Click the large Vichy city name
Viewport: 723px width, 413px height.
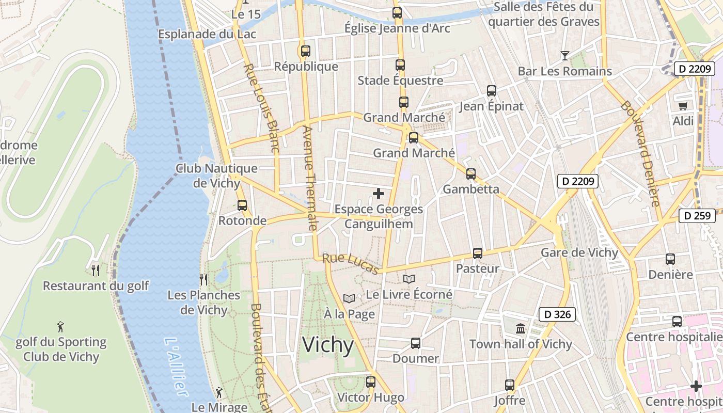[x=328, y=345]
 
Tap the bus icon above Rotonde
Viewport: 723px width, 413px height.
[x=242, y=205]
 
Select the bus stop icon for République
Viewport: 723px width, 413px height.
[x=306, y=51]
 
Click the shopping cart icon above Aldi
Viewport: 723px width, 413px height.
[x=683, y=106]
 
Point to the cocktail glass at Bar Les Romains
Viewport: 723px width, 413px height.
[x=565, y=56]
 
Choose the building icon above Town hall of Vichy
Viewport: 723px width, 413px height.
[x=521, y=328]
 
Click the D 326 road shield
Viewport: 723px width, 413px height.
[x=557, y=314]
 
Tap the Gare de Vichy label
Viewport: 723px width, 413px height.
[x=579, y=252]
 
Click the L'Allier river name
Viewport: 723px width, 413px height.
[x=175, y=367]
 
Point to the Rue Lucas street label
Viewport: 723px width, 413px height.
[x=351, y=263]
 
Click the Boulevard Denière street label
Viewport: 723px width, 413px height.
[x=640, y=153]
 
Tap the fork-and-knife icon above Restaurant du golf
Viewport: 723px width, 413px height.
[x=96, y=270]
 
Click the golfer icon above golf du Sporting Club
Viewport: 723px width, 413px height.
[x=60, y=327]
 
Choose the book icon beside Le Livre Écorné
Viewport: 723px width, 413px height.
[x=409, y=279]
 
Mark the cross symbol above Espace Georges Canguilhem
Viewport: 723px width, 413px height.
[x=379, y=194]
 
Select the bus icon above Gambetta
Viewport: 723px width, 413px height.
[x=471, y=174]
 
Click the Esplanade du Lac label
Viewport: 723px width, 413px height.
[x=207, y=34]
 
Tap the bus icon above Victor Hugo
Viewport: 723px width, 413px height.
[x=371, y=382]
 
